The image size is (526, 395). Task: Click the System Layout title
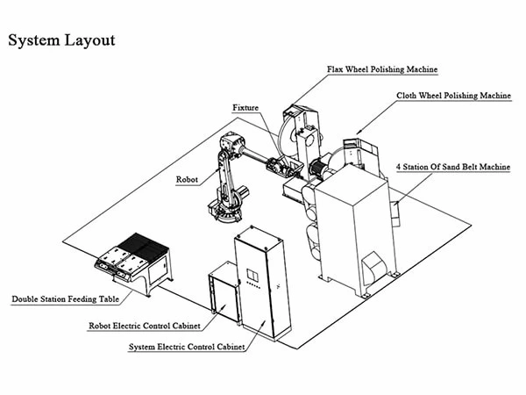pyautogui.click(x=61, y=40)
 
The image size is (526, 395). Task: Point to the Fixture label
pyautogui.click(x=246, y=107)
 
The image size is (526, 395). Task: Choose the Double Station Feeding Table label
pyautogui.click(x=65, y=299)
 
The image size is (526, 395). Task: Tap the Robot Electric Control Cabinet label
pyautogui.click(x=146, y=326)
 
